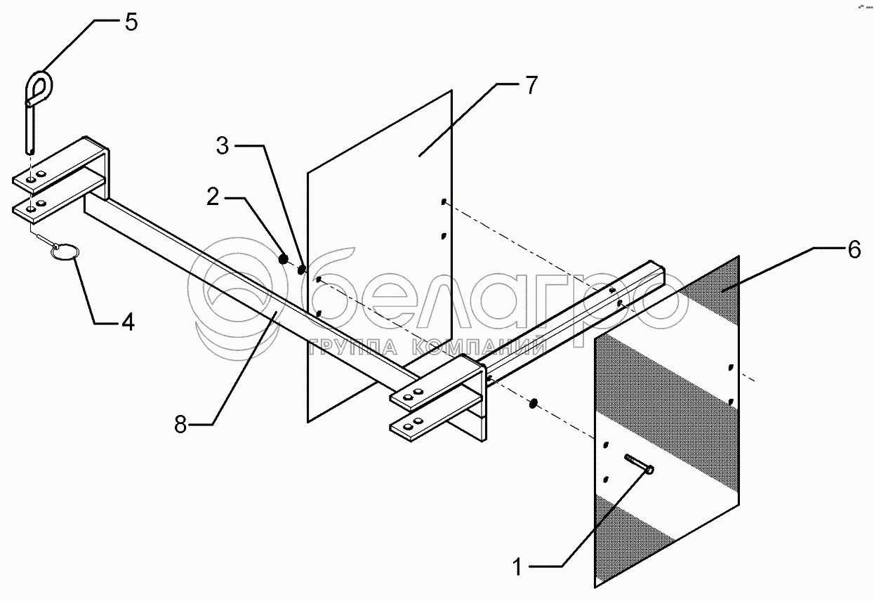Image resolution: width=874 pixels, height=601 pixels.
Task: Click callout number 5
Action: tap(131, 21)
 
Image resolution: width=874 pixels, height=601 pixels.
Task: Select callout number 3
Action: tap(222, 147)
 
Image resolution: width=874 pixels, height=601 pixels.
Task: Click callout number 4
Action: tap(126, 322)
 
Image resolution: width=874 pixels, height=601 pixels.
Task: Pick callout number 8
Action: tap(181, 425)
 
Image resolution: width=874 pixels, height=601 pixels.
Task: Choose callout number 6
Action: tap(854, 249)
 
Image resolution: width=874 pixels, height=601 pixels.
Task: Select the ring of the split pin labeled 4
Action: tap(64, 252)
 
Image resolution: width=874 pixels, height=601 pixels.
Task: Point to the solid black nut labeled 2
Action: tap(284, 260)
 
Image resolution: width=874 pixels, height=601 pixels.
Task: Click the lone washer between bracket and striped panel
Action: tap(533, 403)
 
